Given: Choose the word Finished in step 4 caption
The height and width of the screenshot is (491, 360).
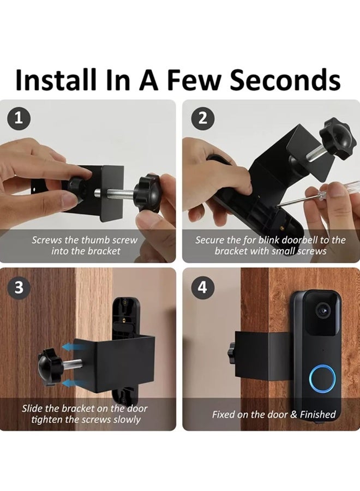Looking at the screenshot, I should [318, 414].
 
